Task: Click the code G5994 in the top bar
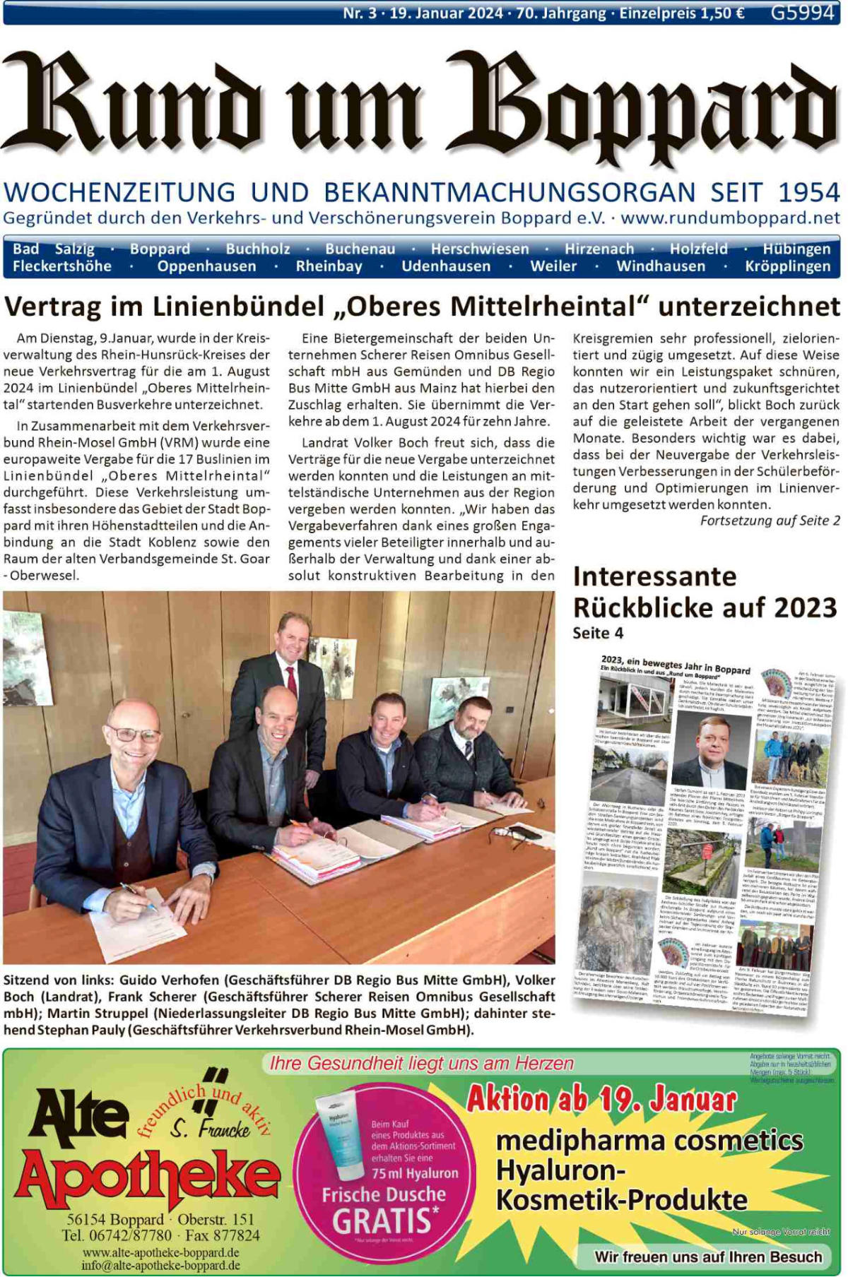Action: coord(802,13)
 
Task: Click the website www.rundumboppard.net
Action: coord(731,218)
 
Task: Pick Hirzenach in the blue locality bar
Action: coord(599,249)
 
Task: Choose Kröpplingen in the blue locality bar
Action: coord(787,266)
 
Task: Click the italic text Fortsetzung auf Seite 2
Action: coord(770,521)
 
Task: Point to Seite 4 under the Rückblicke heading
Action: coord(598,633)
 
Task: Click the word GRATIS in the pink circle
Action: coord(382,1221)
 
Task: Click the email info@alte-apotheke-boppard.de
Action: coord(160,1265)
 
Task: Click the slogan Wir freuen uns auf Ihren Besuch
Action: coord(708,1257)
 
